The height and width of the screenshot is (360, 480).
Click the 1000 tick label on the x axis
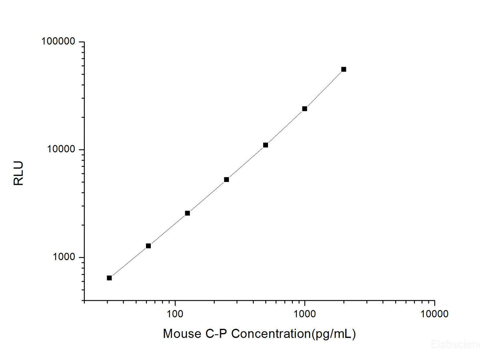305,314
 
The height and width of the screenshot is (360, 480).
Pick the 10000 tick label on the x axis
434,314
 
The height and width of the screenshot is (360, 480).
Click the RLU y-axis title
19,173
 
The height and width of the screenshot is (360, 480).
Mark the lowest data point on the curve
109,278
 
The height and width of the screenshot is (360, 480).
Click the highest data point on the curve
344,69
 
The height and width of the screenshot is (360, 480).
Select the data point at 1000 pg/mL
305,108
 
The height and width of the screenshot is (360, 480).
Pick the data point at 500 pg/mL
266,145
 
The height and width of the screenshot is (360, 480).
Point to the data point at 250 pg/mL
226,180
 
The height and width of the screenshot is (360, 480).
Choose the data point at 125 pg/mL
187,213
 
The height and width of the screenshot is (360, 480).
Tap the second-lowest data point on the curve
148,246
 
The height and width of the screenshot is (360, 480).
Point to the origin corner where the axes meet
84,300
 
